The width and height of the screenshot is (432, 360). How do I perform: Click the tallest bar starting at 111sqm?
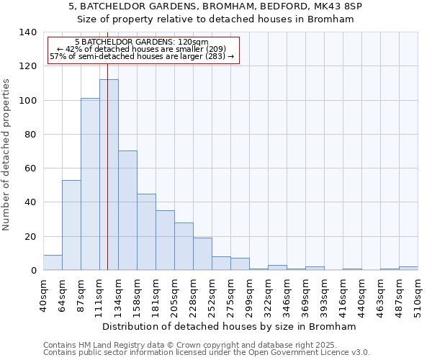point(109,175)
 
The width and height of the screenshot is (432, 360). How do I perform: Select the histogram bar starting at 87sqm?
point(90,184)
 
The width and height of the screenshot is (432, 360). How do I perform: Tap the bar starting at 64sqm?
point(71,225)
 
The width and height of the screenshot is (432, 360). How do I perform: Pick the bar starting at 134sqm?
point(127,210)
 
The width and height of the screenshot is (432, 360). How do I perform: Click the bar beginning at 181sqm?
point(165,240)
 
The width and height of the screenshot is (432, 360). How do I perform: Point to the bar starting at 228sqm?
point(202,254)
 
